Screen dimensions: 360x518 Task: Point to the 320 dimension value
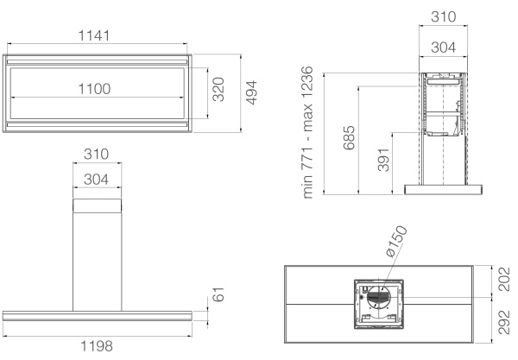[218, 88]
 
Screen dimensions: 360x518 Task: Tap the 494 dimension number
[251, 90]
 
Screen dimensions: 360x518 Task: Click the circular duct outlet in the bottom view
[380, 298]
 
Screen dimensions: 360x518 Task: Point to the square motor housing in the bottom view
[380, 305]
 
